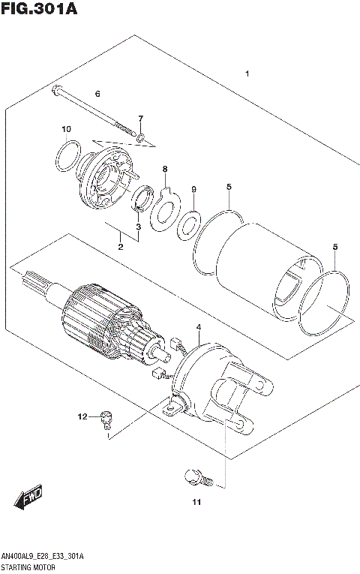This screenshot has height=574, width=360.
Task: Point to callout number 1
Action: pyautogui.click(x=246, y=74)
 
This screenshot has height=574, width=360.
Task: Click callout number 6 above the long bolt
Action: pyautogui.click(x=97, y=93)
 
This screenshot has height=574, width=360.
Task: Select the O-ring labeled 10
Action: pyautogui.click(x=66, y=159)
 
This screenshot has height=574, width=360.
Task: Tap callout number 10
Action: pyautogui.click(x=66, y=129)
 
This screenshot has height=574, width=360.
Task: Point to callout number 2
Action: pyautogui.click(x=119, y=247)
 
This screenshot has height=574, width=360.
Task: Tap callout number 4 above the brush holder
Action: pyautogui.click(x=198, y=327)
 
